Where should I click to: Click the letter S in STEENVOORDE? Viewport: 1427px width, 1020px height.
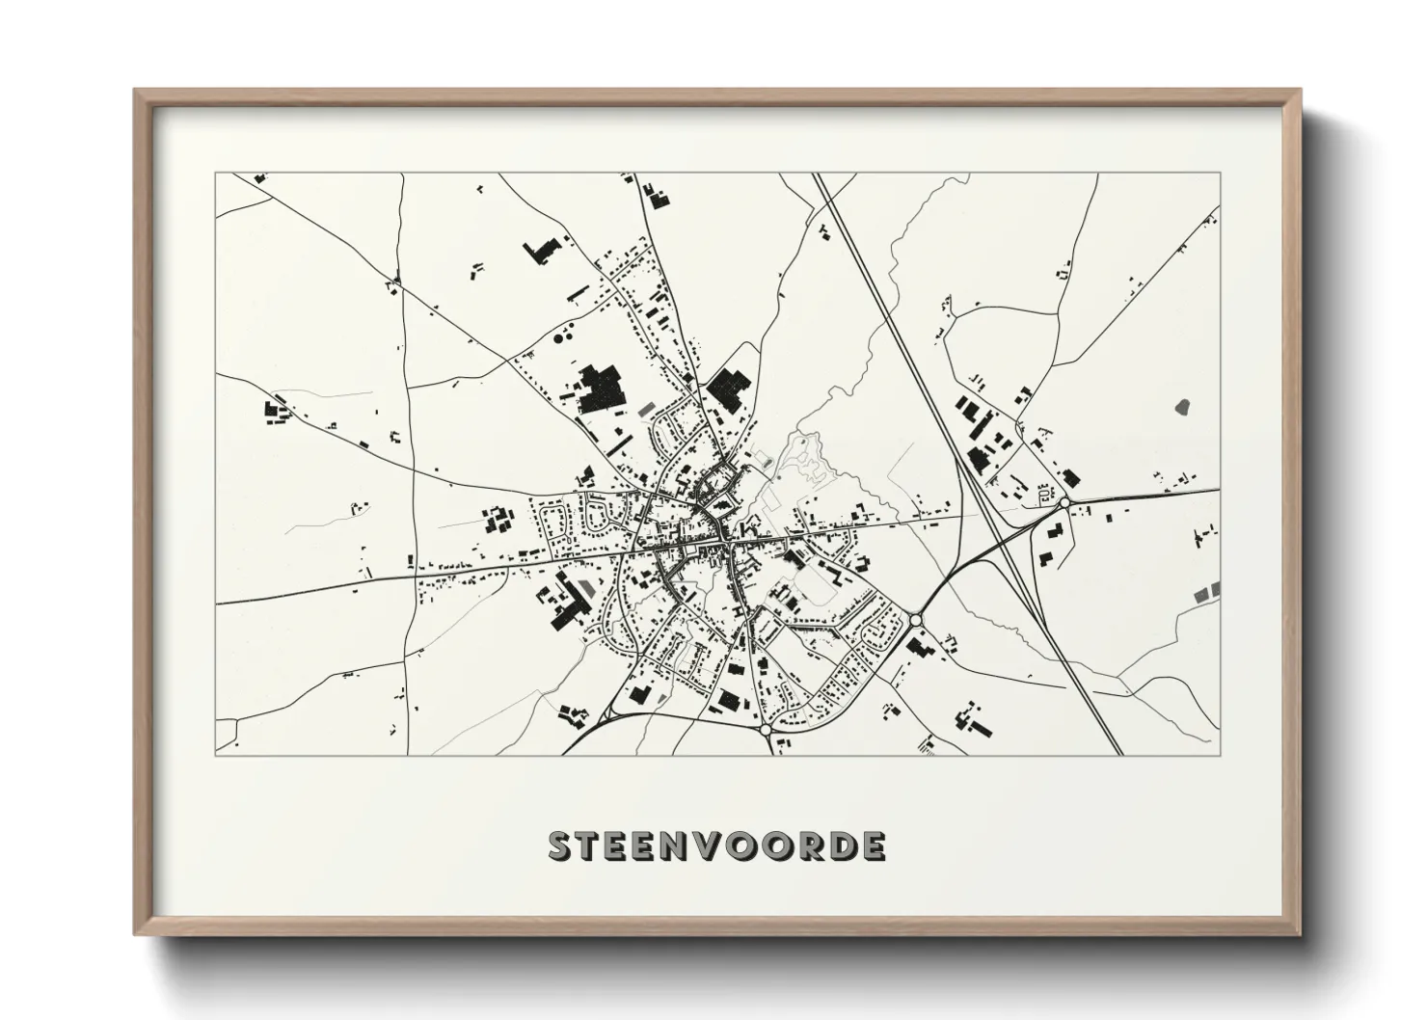click(x=562, y=846)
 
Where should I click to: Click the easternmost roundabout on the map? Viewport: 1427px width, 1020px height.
click(x=1064, y=502)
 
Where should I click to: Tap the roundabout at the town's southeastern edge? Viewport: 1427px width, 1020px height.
click(x=915, y=620)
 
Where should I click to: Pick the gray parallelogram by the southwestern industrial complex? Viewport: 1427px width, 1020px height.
click(x=587, y=587)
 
